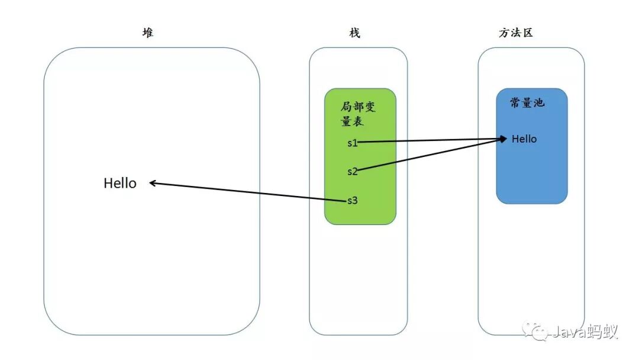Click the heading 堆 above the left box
point(147,33)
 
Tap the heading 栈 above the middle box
point(354,33)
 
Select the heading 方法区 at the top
point(516,33)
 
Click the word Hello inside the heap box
point(120,184)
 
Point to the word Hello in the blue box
point(524,139)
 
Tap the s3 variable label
point(352,200)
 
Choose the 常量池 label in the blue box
point(527,103)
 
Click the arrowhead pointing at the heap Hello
point(153,184)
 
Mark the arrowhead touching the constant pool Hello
point(504,139)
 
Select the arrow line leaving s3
point(248,192)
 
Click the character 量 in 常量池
point(527,103)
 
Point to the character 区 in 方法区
point(527,33)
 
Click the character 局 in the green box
point(347,107)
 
